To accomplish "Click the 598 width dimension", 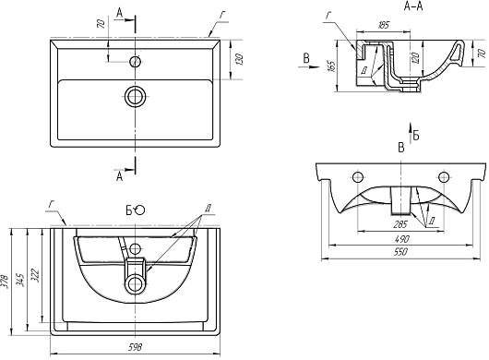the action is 135,346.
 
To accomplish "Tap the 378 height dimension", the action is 5,282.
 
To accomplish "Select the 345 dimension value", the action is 20,280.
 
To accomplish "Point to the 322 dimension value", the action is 35,274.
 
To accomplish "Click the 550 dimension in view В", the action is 401,251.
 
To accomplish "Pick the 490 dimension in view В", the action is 401,239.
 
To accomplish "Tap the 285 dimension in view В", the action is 400,224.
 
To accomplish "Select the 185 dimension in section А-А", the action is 383,25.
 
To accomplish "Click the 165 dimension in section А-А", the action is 331,66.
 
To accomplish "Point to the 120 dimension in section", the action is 416,57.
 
